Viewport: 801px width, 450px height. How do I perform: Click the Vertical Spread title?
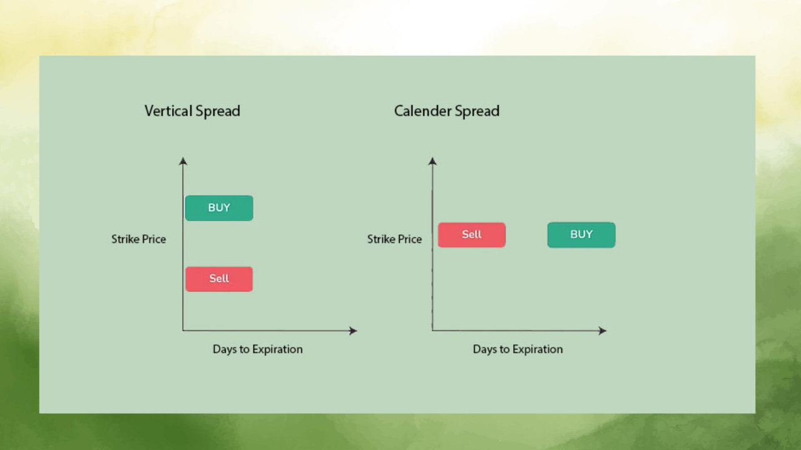pyautogui.click(x=192, y=111)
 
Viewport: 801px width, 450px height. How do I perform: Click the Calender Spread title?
pyautogui.click(x=446, y=111)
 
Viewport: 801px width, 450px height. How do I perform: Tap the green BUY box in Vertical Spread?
pyautogui.click(x=219, y=208)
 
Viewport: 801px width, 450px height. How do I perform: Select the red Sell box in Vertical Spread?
pyautogui.click(x=219, y=279)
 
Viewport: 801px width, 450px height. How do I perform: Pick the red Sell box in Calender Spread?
pyautogui.click(x=471, y=235)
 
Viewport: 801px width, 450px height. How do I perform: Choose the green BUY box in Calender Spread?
pyautogui.click(x=581, y=235)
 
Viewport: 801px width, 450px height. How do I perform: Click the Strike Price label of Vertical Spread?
pyautogui.click(x=138, y=239)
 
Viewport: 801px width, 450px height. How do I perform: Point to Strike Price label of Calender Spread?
pyautogui.click(x=394, y=239)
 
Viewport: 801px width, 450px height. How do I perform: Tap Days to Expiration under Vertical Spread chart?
pyautogui.click(x=257, y=349)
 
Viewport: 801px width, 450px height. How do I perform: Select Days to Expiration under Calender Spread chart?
pyautogui.click(x=518, y=349)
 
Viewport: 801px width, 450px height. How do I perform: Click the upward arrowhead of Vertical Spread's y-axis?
pyautogui.click(x=183, y=161)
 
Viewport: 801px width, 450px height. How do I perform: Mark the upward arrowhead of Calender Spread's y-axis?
pyautogui.click(x=432, y=161)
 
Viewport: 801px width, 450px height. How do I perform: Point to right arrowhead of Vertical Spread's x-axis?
pyautogui.click(x=353, y=331)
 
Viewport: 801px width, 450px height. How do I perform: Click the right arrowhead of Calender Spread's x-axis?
pyautogui.click(x=603, y=331)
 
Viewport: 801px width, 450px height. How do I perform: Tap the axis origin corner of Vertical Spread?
pyautogui.click(x=183, y=330)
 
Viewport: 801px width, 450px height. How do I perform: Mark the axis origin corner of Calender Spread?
pyautogui.click(x=432, y=330)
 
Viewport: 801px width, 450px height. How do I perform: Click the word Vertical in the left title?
pyautogui.click(x=168, y=111)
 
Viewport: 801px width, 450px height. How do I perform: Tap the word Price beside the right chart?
pyautogui.click(x=410, y=239)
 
